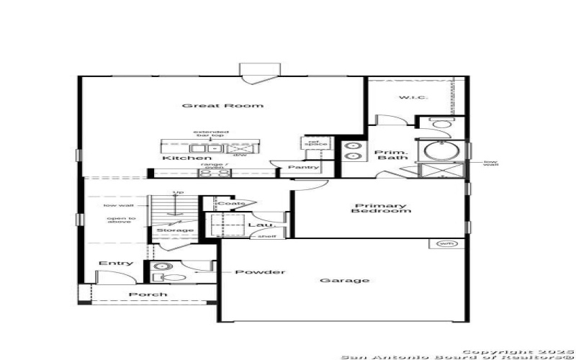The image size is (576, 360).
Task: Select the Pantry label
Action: [303, 168]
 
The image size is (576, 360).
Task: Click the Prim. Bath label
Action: [392, 154]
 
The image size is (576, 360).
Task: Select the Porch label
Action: [148, 294]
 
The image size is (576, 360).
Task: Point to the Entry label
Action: [115, 264]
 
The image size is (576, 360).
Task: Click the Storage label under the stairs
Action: [176, 230]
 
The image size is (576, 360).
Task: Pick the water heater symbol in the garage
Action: [444, 244]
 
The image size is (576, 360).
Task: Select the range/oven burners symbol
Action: [214, 173]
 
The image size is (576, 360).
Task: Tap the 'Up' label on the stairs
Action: [176, 193]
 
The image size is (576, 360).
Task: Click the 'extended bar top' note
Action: [211, 134]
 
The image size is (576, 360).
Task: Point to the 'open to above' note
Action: [121, 220]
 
